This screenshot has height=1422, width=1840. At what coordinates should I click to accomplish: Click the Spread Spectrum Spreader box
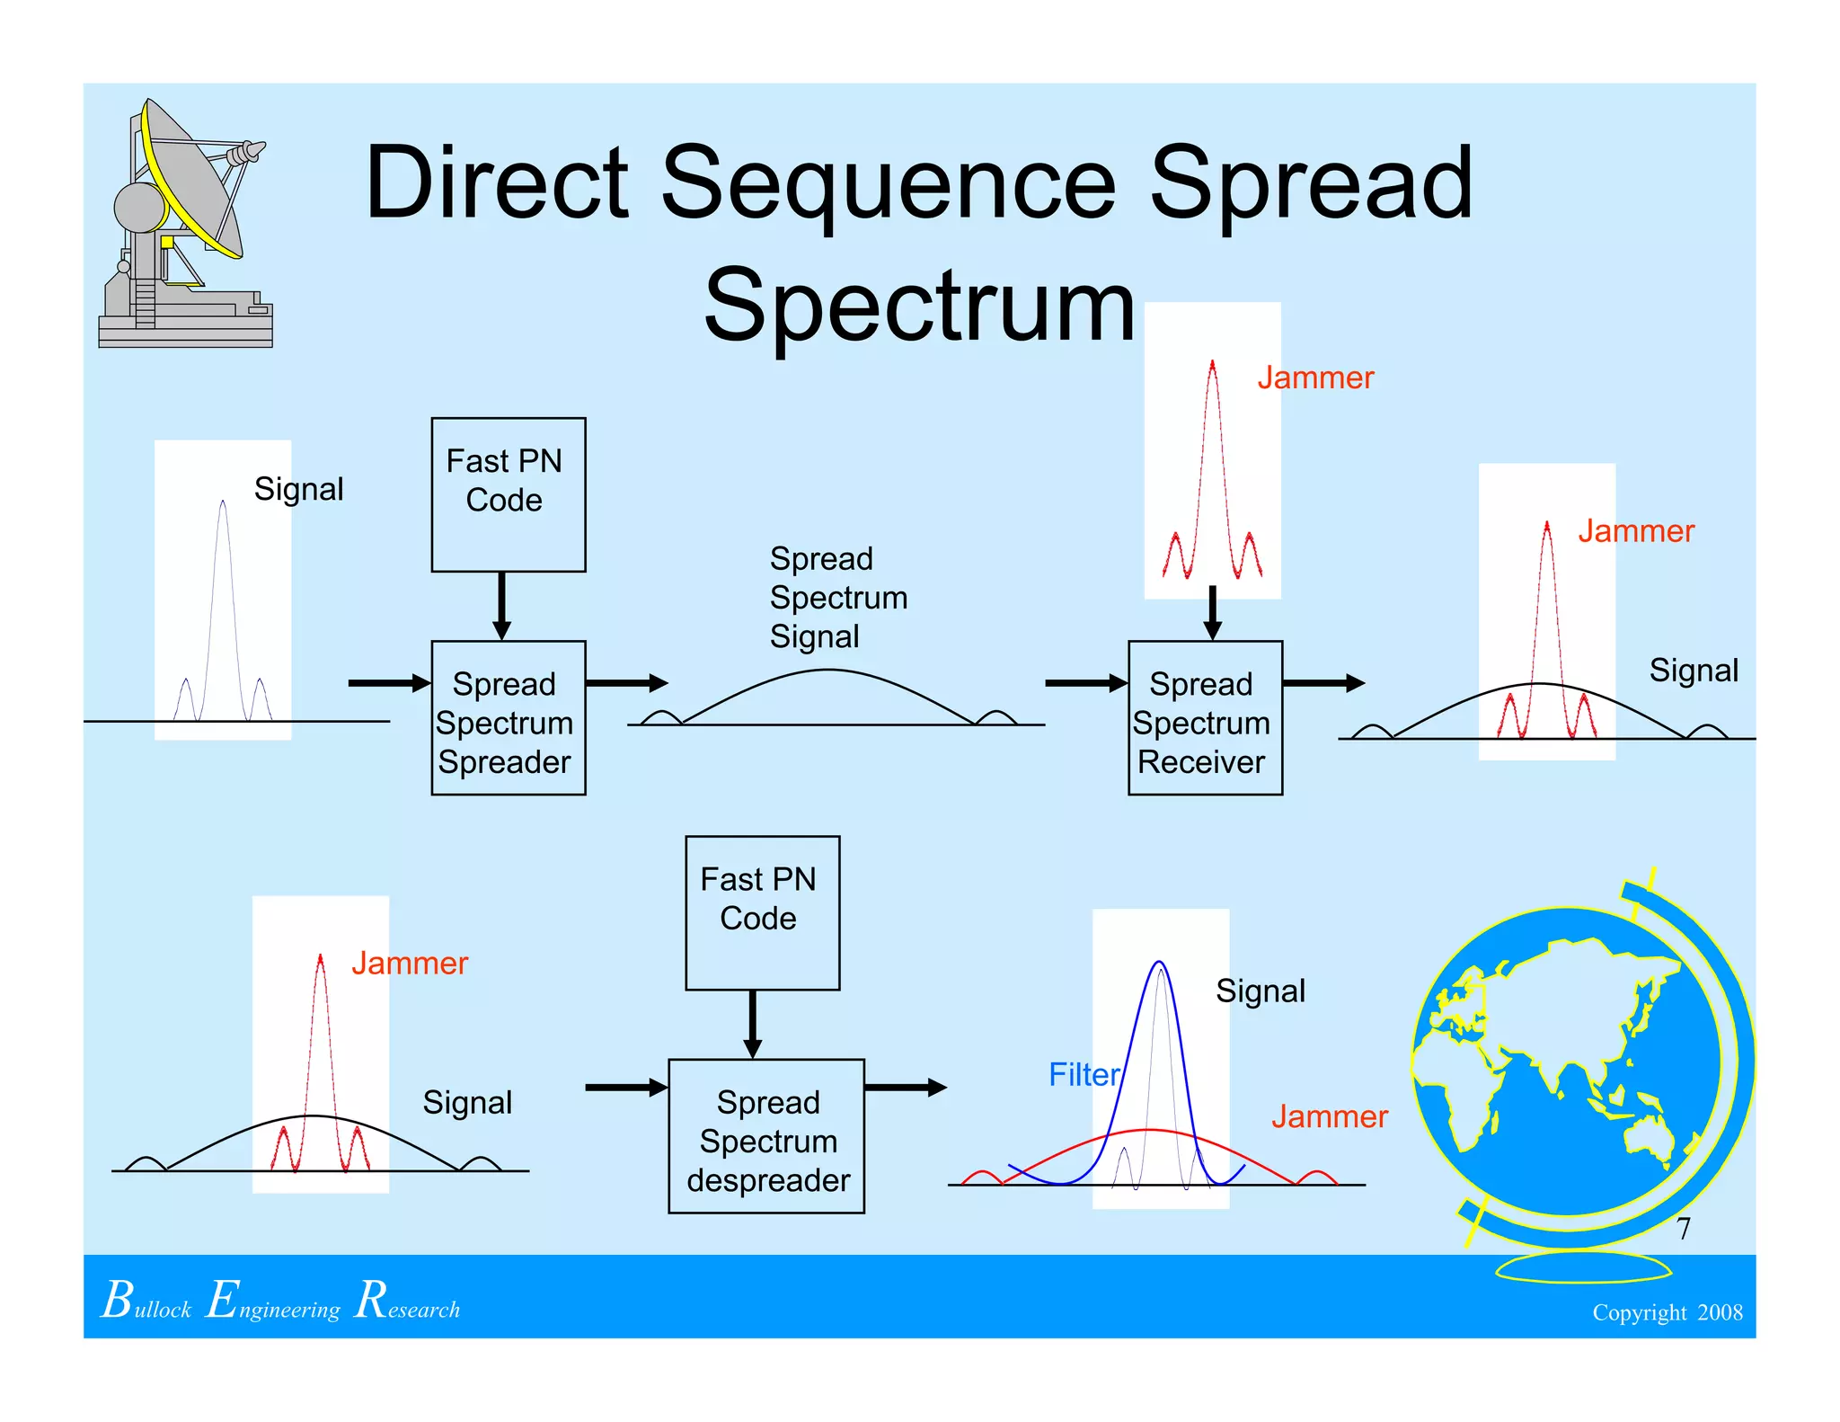point(508,717)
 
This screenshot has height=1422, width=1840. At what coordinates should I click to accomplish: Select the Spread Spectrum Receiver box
point(1204,717)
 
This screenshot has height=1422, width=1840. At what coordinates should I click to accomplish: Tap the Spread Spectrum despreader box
point(765,1136)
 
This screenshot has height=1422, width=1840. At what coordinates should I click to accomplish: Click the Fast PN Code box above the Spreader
point(508,493)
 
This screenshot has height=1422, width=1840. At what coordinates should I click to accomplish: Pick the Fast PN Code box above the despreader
point(762,912)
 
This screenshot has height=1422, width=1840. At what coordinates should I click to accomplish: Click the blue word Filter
point(1084,1074)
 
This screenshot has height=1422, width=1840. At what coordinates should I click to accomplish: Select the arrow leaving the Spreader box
point(626,683)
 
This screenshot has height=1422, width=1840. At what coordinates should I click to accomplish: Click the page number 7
point(1683,1228)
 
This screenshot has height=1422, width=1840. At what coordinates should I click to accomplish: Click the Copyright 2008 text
point(1667,1312)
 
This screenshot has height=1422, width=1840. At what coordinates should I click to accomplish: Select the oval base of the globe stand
point(1583,1267)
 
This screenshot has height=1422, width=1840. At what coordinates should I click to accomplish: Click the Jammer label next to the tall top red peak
point(1314,378)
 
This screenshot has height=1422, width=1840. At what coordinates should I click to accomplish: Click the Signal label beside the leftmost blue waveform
point(298,489)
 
